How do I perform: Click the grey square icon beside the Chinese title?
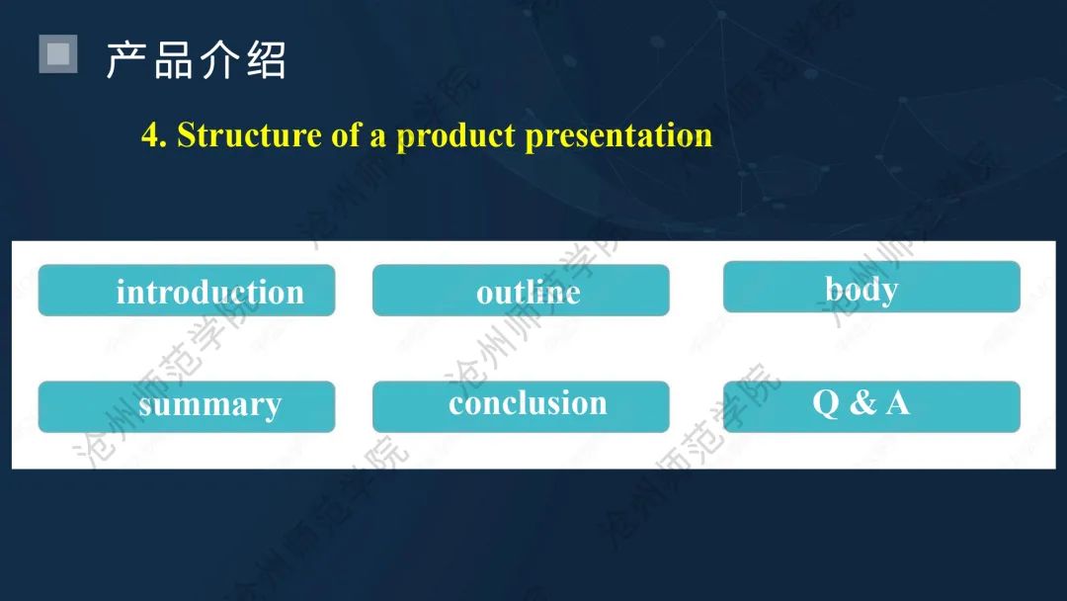[58, 53]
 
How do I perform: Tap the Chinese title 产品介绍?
[196, 60]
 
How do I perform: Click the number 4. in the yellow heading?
[154, 134]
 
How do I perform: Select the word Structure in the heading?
[249, 134]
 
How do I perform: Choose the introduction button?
[187, 291]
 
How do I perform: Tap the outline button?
[521, 291]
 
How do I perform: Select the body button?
[871, 288]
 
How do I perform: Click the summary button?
[187, 407]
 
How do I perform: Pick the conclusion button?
[521, 407]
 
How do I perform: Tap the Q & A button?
[871, 407]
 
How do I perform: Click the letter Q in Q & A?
[826, 403]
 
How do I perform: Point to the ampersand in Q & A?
[862, 402]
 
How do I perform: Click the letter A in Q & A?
[898, 402]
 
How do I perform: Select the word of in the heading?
[346, 134]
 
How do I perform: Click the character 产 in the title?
[125, 60]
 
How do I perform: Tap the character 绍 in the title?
[267, 60]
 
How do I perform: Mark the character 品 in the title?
[173, 60]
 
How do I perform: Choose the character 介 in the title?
[219, 60]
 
